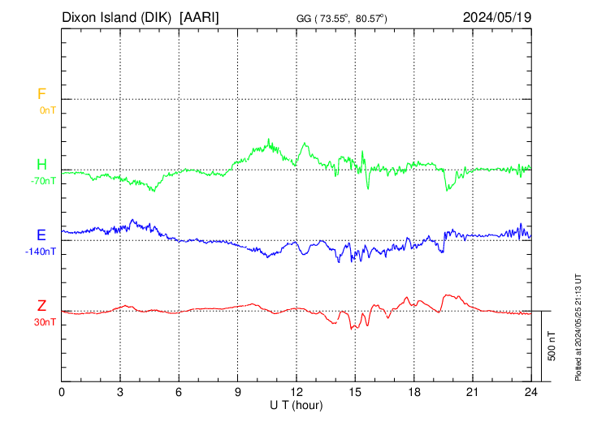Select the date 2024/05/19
[x=496, y=17]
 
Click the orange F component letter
[x=41, y=94]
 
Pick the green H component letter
[x=41, y=166]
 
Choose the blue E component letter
[x=41, y=235]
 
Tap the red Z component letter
[x=41, y=306]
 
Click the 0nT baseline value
[x=47, y=110]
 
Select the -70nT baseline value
[x=43, y=181]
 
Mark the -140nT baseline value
[x=41, y=252]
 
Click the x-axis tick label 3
[x=120, y=392]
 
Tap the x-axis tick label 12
[x=296, y=392]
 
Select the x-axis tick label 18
[x=413, y=392]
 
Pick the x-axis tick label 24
[x=531, y=392]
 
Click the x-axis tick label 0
[x=62, y=392]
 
